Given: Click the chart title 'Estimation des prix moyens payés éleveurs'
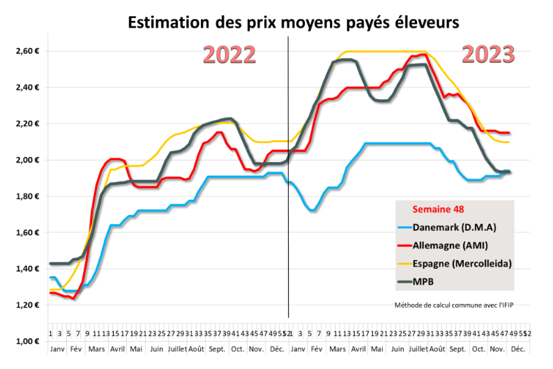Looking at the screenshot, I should click(x=293, y=22).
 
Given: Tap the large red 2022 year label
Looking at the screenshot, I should click(x=229, y=55).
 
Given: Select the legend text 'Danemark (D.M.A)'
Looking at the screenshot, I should click(x=459, y=227).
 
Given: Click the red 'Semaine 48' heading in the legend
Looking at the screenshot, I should click(x=439, y=209).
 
